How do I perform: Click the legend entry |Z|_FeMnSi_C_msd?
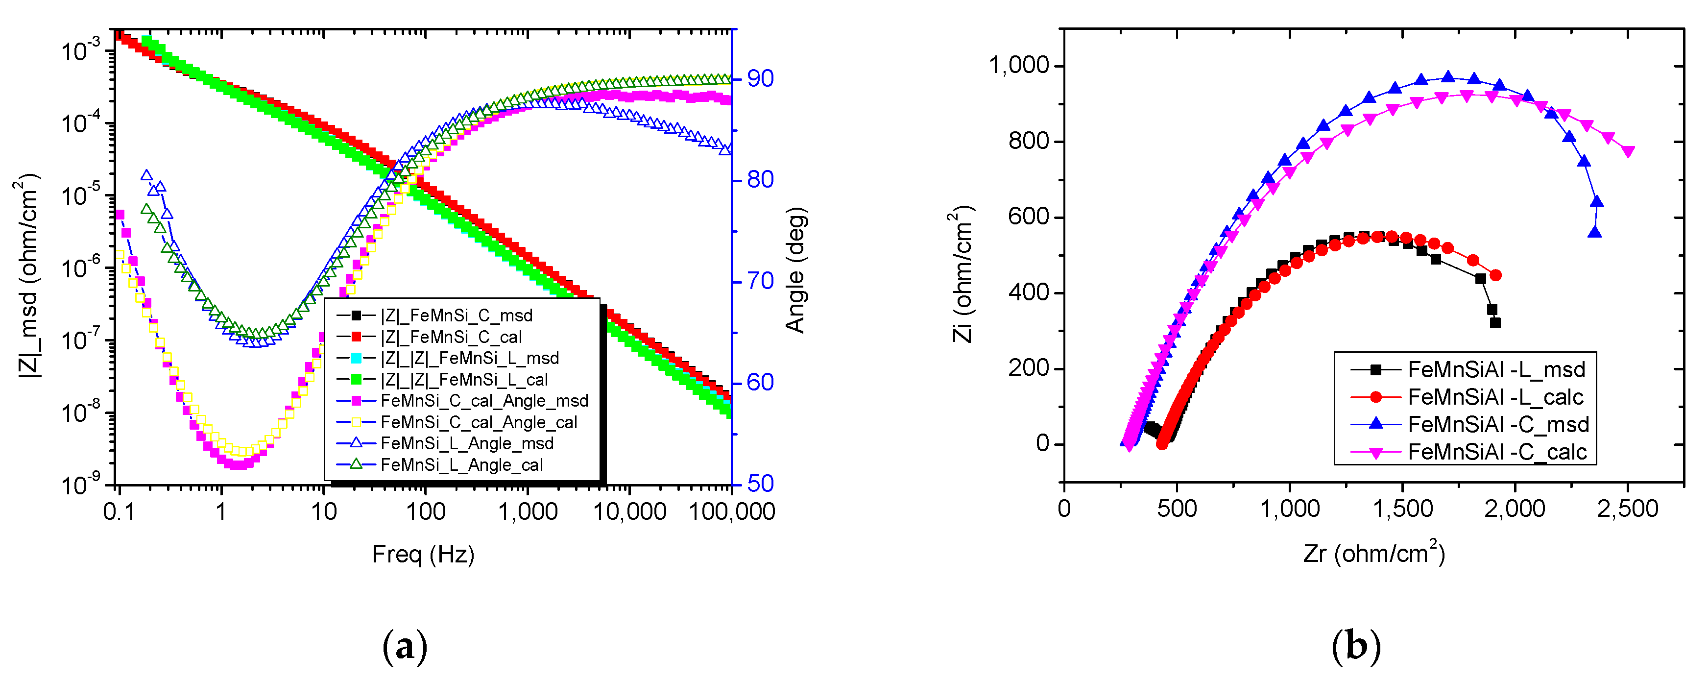456,315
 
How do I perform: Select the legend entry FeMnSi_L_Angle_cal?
461,464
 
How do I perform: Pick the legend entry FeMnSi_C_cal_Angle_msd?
484,401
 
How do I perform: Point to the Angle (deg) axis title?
795,270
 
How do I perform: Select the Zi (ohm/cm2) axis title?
962,273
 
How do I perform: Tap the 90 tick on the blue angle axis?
760,78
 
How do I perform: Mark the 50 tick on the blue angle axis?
760,484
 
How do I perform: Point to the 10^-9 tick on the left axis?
79,485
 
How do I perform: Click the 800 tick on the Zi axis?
1029,141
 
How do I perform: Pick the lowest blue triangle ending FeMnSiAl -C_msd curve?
1595,232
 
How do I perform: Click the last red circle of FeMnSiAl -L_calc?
1495,275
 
